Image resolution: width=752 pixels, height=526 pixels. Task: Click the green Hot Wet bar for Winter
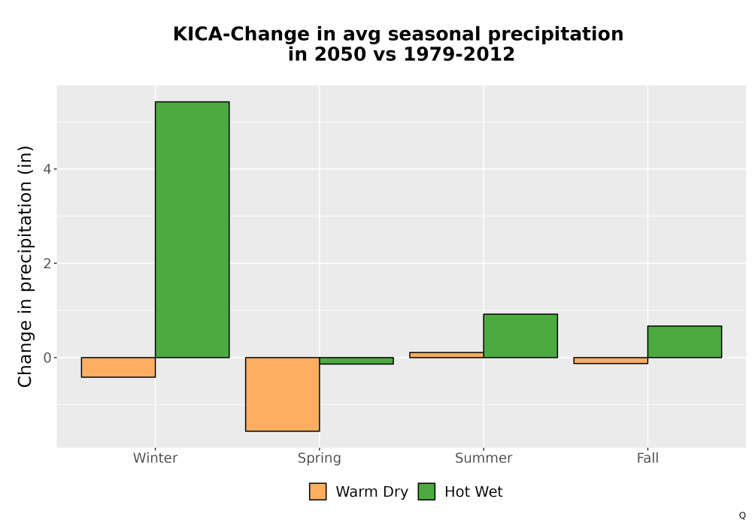[193, 229]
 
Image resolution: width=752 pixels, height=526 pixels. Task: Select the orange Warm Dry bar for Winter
[119, 367]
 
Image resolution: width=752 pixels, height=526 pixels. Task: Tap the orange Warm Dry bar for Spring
[283, 394]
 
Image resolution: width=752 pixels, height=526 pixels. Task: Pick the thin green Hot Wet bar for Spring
[356, 361]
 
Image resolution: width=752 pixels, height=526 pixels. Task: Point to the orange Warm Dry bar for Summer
[447, 355]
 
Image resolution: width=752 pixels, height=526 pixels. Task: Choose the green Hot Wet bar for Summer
[520, 336]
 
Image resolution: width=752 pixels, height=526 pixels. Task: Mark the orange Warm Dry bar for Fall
[611, 360]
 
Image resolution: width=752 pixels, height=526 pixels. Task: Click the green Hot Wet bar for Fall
[684, 342]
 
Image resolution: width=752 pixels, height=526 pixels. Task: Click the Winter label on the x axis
[156, 458]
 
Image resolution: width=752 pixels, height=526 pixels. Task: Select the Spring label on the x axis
[320, 458]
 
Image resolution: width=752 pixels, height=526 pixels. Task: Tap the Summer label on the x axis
[484, 458]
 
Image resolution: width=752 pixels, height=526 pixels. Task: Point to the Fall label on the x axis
[647, 458]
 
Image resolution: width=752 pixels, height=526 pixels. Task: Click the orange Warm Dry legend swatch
[317, 491]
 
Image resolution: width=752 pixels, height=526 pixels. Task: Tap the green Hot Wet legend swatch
[426, 491]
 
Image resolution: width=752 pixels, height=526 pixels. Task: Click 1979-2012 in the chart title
[459, 54]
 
